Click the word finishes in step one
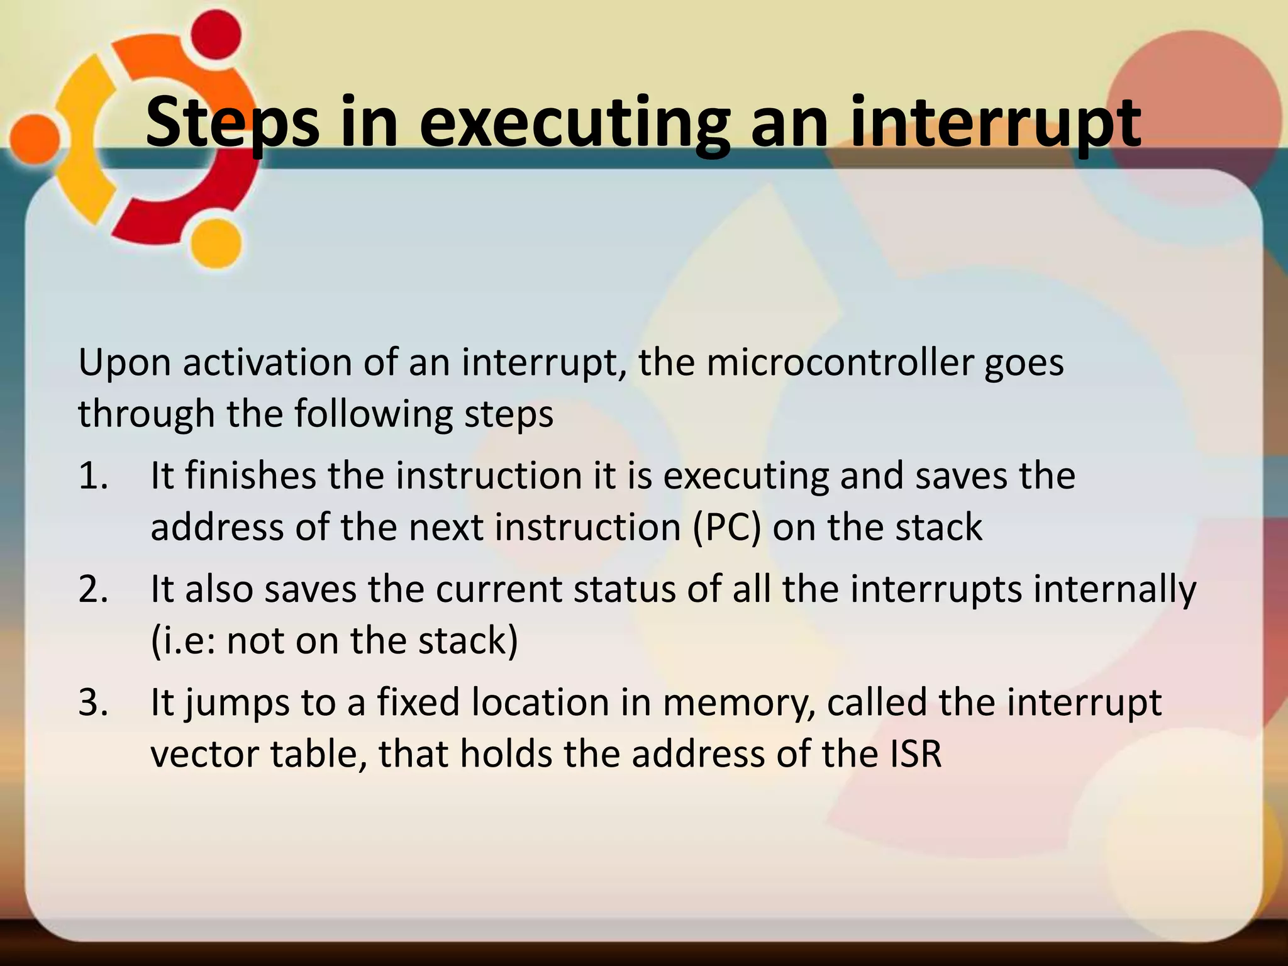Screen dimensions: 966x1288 point(250,475)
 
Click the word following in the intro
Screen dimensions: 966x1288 point(374,414)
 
